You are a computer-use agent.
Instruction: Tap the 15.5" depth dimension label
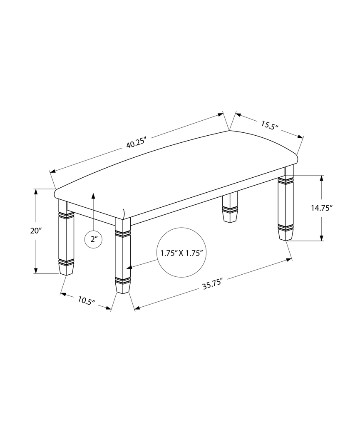click(x=269, y=125)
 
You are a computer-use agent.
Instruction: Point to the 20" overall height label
click(x=36, y=231)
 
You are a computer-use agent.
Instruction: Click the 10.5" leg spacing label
click(x=86, y=300)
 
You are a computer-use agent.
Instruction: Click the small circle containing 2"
click(x=93, y=239)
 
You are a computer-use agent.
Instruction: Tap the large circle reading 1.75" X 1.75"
click(x=181, y=253)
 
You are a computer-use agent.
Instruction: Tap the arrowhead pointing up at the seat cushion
click(x=93, y=196)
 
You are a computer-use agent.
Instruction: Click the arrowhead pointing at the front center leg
click(x=129, y=268)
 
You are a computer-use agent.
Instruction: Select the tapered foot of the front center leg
click(x=123, y=287)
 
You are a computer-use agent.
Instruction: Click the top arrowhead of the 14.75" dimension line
click(x=321, y=178)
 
